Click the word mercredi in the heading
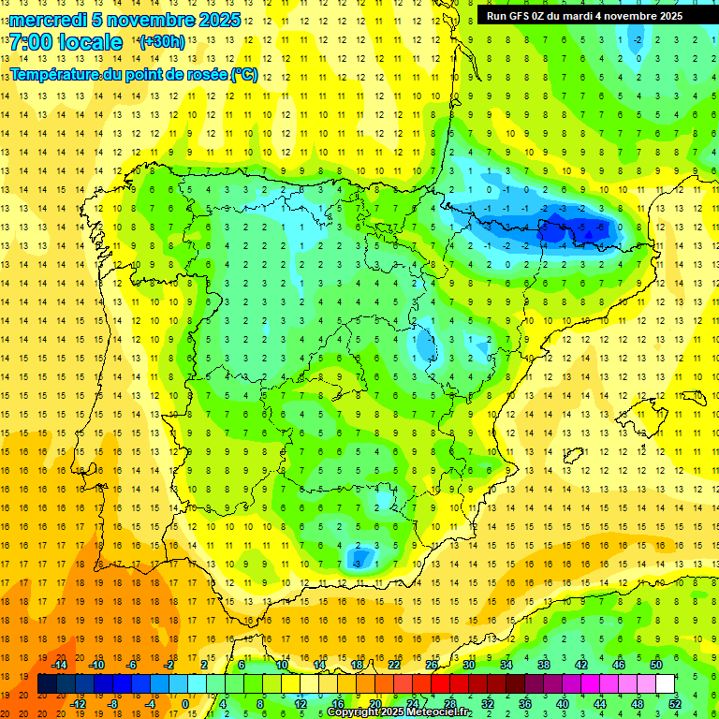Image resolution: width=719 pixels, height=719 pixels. tap(48, 20)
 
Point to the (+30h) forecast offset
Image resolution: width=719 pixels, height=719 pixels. tap(160, 42)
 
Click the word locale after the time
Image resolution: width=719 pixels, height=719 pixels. tap(91, 42)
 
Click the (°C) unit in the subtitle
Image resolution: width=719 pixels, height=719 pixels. tap(243, 74)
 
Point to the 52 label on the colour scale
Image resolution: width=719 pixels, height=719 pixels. tap(675, 704)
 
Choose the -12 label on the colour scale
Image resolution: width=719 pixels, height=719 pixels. tap(78, 704)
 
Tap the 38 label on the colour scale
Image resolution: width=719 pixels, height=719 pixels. tap(543, 665)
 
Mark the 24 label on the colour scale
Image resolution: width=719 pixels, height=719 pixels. tap(413, 704)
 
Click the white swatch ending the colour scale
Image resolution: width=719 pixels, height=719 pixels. tap(665, 684)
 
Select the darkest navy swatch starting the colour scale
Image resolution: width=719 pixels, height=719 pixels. tap(47, 684)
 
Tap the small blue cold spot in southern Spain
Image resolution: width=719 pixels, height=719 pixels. tap(358, 559)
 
